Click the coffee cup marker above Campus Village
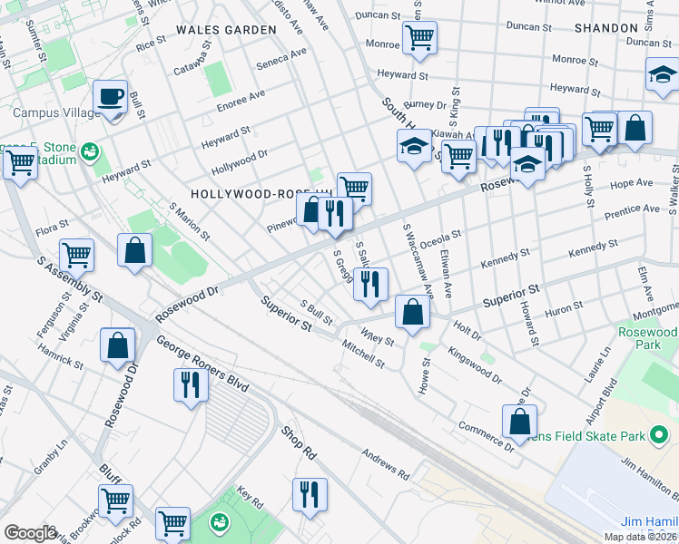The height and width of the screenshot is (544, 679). (x=111, y=95)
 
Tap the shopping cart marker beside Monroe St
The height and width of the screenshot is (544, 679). (x=419, y=38)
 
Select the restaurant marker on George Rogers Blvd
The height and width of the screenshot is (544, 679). (x=191, y=384)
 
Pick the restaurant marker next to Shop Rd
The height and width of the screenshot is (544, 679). (x=310, y=494)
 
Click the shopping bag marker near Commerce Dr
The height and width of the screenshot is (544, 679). (x=518, y=421)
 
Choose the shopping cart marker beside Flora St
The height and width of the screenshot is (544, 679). (x=77, y=255)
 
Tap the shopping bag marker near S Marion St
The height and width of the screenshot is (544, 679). (x=135, y=250)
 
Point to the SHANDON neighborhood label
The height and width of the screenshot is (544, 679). (x=605, y=28)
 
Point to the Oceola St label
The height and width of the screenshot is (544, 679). (x=442, y=238)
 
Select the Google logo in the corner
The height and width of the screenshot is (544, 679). (x=30, y=533)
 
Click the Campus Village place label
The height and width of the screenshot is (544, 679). (x=50, y=113)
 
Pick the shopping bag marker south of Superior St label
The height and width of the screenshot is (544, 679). (x=412, y=313)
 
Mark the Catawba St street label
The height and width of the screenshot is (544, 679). (x=192, y=53)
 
